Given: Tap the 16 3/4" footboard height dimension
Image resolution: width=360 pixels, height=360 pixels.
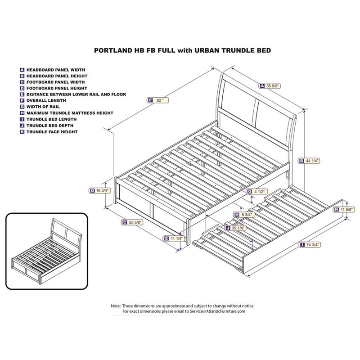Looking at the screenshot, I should pos(101,190).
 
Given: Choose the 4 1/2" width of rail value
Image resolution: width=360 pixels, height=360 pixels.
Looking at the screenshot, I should pos(259,192).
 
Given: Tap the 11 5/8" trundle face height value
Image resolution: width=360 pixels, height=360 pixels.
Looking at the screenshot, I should pos(345,209).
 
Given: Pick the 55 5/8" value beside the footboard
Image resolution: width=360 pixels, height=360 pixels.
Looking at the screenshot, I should pos(132,222).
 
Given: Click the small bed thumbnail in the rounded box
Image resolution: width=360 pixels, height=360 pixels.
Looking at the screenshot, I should pos(45,243).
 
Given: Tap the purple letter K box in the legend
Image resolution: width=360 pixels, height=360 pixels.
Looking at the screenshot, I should pos(22,132).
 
